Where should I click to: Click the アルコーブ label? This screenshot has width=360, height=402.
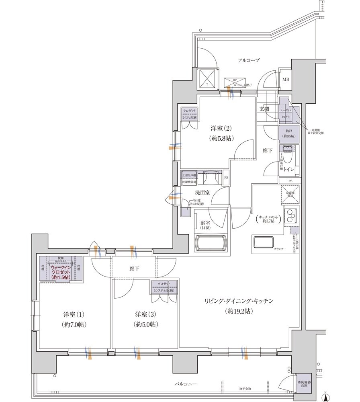point(249,60)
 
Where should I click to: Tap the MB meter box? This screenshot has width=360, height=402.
point(286,80)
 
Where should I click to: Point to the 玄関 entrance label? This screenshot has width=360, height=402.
point(264,109)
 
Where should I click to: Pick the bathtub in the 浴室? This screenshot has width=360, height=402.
point(212,243)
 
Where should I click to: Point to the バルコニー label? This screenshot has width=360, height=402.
point(186,384)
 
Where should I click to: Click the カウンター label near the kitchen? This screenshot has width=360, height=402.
point(280,249)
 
